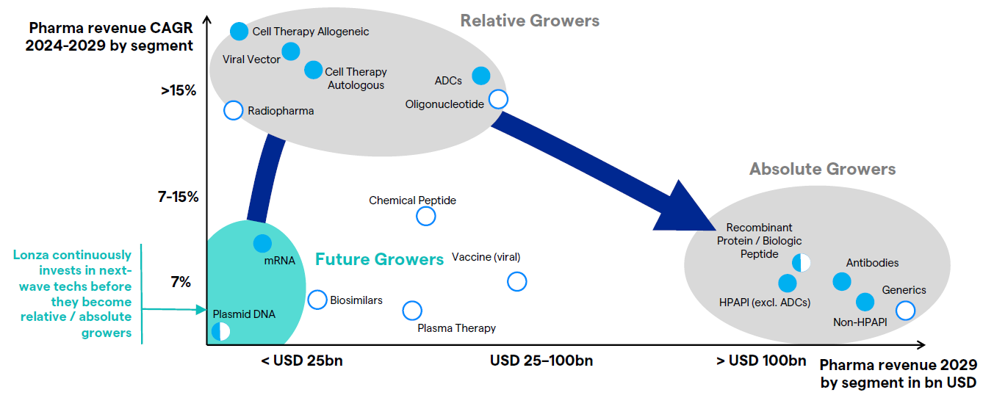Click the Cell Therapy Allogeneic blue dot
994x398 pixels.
(239, 31)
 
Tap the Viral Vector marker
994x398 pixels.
(291, 51)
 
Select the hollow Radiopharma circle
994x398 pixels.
(233, 110)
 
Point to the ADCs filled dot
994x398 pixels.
(480, 75)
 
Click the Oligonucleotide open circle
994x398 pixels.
(498, 98)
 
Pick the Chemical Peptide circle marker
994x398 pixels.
(425, 216)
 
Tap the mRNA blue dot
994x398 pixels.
(262, 243)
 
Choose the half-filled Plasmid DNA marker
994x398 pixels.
(220, 331)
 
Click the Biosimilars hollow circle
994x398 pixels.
(317, 300)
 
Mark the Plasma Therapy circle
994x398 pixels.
(412, 311)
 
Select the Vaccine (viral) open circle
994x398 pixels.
(516, 281)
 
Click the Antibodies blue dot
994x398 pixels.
(841, 281)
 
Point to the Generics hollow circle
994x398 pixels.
(905, 310)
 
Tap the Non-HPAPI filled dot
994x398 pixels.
(865, 301)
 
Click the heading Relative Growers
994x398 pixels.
(530, 21)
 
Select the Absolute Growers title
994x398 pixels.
(822, 170)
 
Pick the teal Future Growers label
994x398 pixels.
(379, 259)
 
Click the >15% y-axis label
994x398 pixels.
(179, 91)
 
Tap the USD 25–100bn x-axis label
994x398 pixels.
(541, 361)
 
